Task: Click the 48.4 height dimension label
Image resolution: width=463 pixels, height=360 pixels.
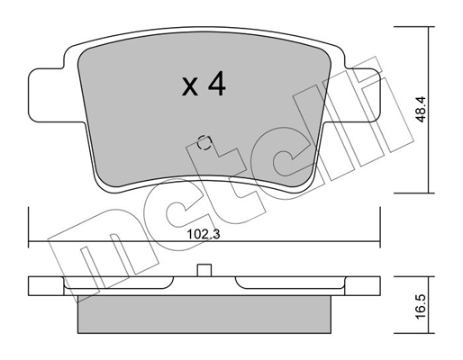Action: (x=422, y=109)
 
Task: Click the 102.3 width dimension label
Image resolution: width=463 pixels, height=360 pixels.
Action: (x=204, y=234)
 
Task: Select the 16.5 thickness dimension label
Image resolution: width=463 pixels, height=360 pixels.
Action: (x=422, y=306)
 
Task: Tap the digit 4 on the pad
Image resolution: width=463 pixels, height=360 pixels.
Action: (x=217, y=84)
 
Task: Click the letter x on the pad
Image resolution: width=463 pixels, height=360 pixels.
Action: (x=190, y=87)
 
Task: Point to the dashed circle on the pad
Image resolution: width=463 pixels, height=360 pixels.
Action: (x=204, y=142)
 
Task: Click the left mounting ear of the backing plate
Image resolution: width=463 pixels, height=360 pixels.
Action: (x=56, y=95)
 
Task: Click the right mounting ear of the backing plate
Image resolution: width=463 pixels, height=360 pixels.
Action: (x=353, y=95)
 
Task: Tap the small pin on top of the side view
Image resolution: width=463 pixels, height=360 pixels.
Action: (x=204, y=270)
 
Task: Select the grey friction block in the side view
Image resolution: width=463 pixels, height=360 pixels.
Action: (x=204, y=314)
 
